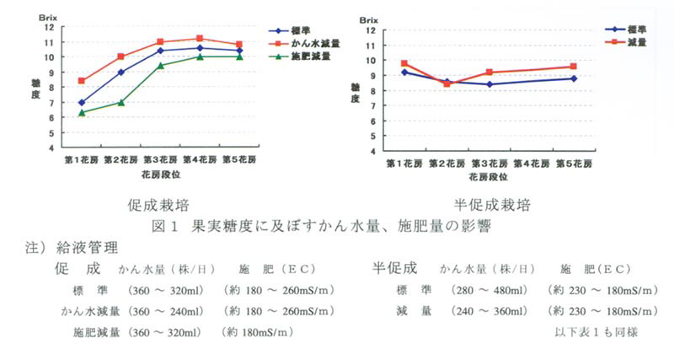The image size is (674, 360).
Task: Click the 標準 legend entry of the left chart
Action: [309, 30]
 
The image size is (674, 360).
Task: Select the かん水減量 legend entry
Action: [315, 44]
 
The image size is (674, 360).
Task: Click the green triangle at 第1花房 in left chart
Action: [82, 112]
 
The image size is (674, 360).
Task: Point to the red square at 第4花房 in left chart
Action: [199, 39]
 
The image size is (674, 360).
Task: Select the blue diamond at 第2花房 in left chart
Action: [121, 73]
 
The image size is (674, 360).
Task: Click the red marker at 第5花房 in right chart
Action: [573, 67]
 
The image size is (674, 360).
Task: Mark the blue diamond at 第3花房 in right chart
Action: [489, 84]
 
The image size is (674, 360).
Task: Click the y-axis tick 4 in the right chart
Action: [372, 151]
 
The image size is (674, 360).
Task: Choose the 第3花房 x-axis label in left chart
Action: [160, 159]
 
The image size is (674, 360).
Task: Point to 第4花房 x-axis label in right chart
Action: [531, 163]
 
